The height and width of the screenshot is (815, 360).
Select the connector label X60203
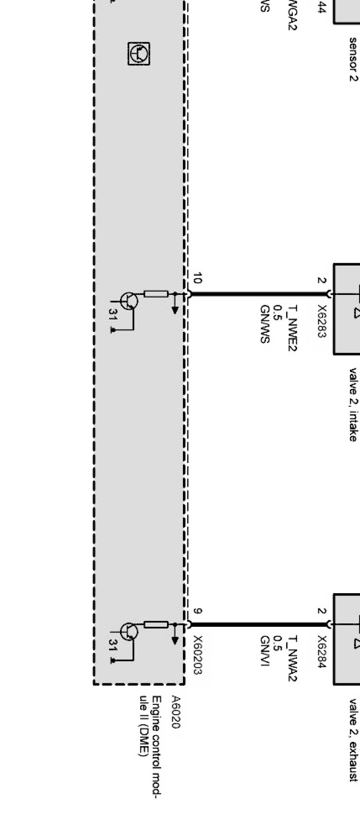tap(197, 656)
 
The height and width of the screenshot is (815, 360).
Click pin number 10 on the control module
tap(197, 278)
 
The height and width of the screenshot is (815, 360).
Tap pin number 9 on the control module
tap(197, 611)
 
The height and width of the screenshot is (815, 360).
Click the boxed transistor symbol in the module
tap(139, 53)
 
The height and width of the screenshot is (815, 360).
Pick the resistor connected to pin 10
tap(156, 293)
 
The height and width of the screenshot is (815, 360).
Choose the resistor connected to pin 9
tap(156, 625)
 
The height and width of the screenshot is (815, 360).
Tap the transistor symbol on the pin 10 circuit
tap(129, 301)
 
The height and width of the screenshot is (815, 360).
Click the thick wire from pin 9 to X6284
tap(259, 625)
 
